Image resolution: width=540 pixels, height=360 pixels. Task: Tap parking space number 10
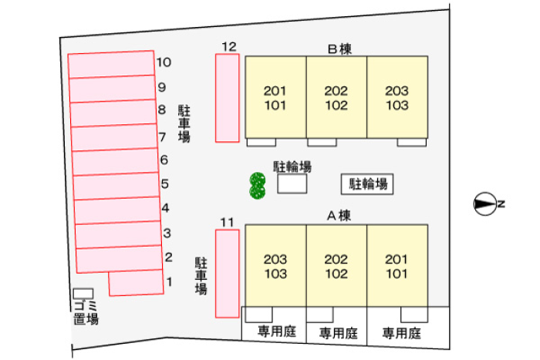111,64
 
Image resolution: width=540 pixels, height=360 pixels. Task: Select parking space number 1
137,284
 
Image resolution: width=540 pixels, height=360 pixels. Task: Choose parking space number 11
227,274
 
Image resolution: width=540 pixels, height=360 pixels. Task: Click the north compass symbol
484,204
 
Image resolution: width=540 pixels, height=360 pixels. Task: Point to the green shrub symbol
258,185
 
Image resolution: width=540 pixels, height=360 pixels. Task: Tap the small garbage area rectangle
83,294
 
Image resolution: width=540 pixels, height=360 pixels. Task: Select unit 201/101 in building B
275,97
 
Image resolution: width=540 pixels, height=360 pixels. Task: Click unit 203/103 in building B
397,97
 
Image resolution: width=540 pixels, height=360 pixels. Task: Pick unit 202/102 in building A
336,266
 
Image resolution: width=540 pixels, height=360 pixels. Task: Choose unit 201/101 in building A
397,266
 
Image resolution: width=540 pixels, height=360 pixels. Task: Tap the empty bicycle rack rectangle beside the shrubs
292,184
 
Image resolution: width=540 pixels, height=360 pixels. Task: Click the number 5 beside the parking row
165,183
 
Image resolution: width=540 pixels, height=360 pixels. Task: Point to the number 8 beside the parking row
162,110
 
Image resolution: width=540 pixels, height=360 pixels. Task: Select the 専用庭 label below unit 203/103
275,333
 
